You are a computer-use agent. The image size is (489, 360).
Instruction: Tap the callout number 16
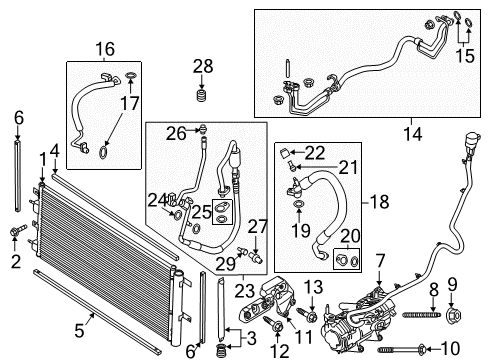pos(105,49)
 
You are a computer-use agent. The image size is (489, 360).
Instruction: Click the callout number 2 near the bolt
pos(15,262)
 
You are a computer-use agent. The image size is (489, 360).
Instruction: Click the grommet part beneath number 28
pos(203,97)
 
